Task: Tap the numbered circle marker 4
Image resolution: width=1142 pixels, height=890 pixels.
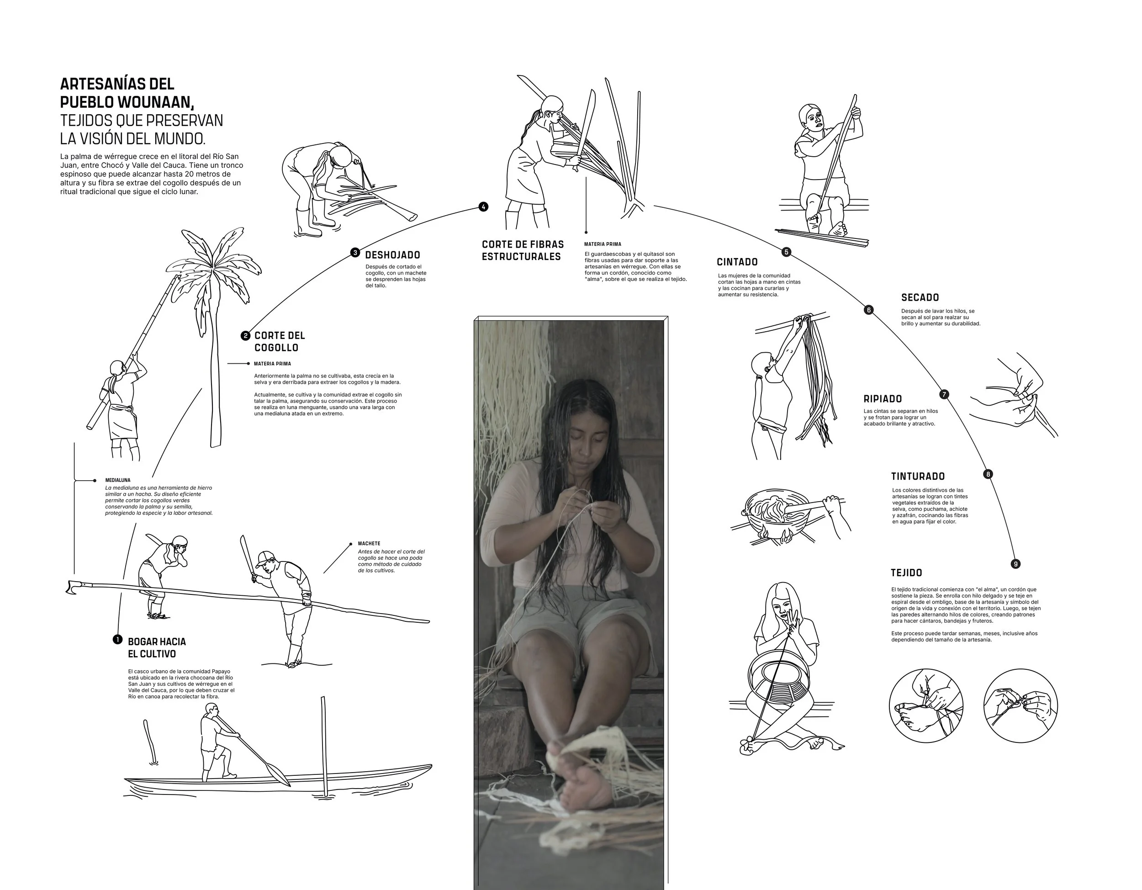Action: coord(483,207)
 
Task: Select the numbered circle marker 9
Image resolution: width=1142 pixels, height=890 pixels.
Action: coord(1015,564)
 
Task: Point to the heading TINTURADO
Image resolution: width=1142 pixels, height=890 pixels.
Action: coord(918,477)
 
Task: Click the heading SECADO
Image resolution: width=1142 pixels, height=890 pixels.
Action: coord(920,297)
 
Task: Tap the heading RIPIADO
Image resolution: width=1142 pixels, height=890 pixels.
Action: coord(882,399)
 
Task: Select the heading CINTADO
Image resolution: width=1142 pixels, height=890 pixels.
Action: coord(737,262)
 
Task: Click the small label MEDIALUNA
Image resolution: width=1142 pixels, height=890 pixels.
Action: coord(118,480)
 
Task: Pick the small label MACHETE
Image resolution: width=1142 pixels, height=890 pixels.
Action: coord(369,544)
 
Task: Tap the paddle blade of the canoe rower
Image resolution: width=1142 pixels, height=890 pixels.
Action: coord(279,773)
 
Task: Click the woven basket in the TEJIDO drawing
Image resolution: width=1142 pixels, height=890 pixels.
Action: coord(780,683)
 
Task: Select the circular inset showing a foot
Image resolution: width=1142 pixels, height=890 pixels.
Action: coord(925,706)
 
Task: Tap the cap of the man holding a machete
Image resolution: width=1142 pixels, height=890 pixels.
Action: coord(266,556)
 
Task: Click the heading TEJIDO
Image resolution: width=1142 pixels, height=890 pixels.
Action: coord(906,573)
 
